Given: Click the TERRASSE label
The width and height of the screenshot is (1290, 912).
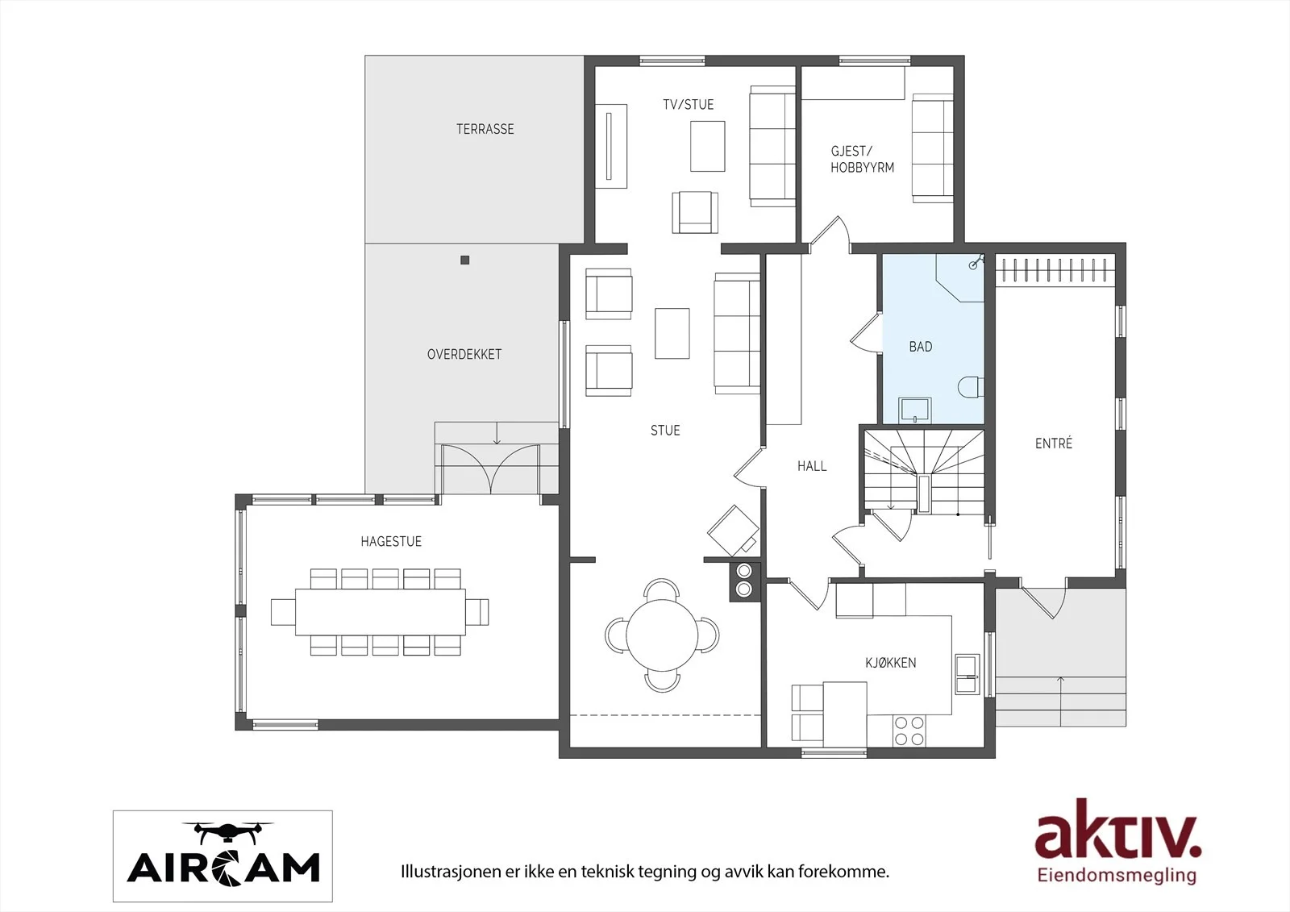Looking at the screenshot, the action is pos(485,129).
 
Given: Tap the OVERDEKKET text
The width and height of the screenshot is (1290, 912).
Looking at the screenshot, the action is pos(464,354).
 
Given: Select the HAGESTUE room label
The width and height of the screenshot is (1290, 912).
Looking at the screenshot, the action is pos(391,542).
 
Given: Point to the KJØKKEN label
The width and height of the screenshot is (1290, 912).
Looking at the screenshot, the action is pos(890,663).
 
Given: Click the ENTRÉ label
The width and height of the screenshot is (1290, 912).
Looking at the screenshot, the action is pos(1053,443).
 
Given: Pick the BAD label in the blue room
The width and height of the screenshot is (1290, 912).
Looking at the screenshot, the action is pos(920,347).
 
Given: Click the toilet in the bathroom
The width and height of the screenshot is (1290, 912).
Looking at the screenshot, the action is pos(971,386).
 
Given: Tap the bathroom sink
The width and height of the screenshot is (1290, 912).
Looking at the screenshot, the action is pos(915,410).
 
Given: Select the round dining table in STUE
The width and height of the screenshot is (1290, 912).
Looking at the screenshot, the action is pos(662,635).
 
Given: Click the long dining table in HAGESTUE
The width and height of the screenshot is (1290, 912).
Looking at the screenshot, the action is pos(380,612).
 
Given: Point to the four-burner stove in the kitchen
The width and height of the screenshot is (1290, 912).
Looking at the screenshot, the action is pos(909,731).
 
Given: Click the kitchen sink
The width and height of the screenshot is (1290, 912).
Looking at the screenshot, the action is pos(967,674).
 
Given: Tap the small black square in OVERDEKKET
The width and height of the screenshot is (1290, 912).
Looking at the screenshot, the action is pos(464,260).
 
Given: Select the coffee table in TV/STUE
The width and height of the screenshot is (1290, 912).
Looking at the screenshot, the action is pos(708,146).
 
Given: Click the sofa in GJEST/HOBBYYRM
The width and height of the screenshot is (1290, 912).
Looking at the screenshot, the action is pos(932,148).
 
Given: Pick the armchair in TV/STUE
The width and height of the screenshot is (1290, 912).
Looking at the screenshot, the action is pos(695,213).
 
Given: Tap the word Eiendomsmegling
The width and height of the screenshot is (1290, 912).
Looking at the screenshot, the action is pos(1117,876).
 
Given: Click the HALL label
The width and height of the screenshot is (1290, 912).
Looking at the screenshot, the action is pos(812,466).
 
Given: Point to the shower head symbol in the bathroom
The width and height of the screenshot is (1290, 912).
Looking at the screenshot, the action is pos(976,264).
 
